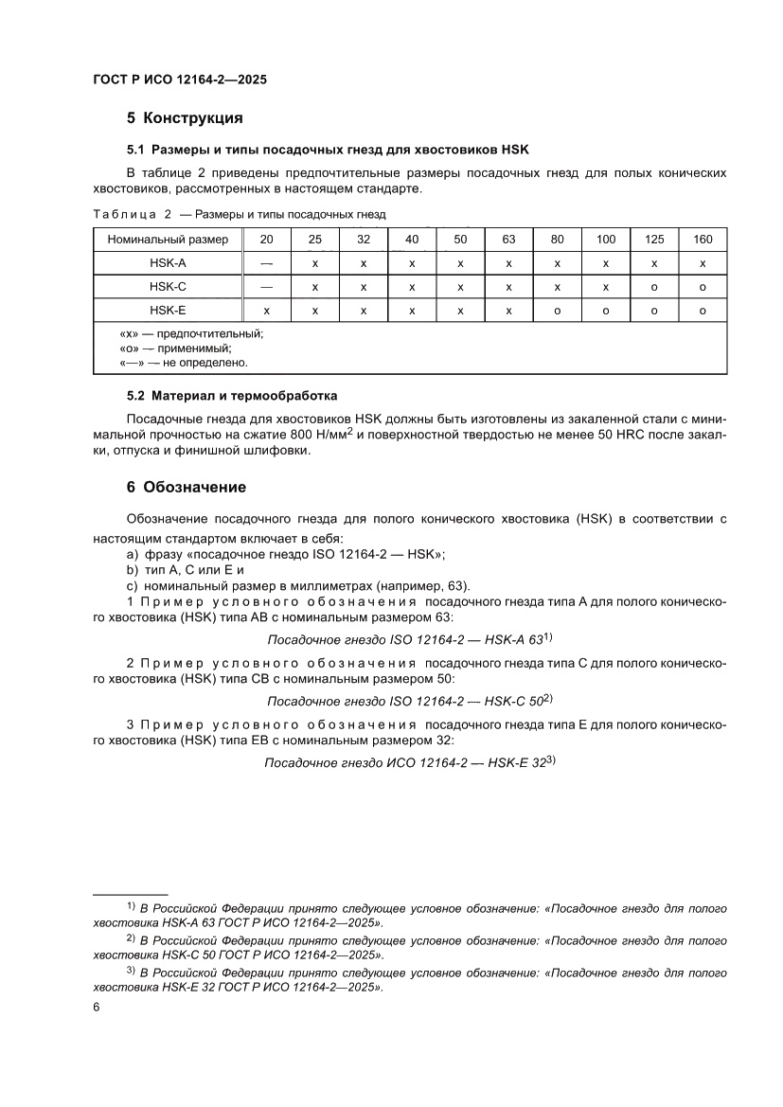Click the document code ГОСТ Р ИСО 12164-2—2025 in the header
pyautogui.click(x=180, y=80)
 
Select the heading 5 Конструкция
pyautogui.click(x=186, y=118)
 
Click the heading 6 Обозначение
pyautogui.click(x=187, y=487)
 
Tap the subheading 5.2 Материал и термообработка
pyautogui.click(x=232, y=395)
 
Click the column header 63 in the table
pyautogui.click(x=508, y=240)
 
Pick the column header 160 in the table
pyautogui.click(x=703, y=240)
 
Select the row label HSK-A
pyautogui.click(x=168, y=262)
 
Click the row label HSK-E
pyautogui.click(x=168, y=310)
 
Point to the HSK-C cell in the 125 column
pyautogui.click(x=654, y=286)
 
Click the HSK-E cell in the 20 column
pyautogui.click(x=266, y=310)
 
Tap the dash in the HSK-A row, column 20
pyautogui.click(x=266, y=262)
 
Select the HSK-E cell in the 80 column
pyautogui.click(x=558, y=310)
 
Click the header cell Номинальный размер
pyautogui.click(x=168, y=240)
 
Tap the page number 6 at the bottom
pyautogui.click(x=97, y=1007)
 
